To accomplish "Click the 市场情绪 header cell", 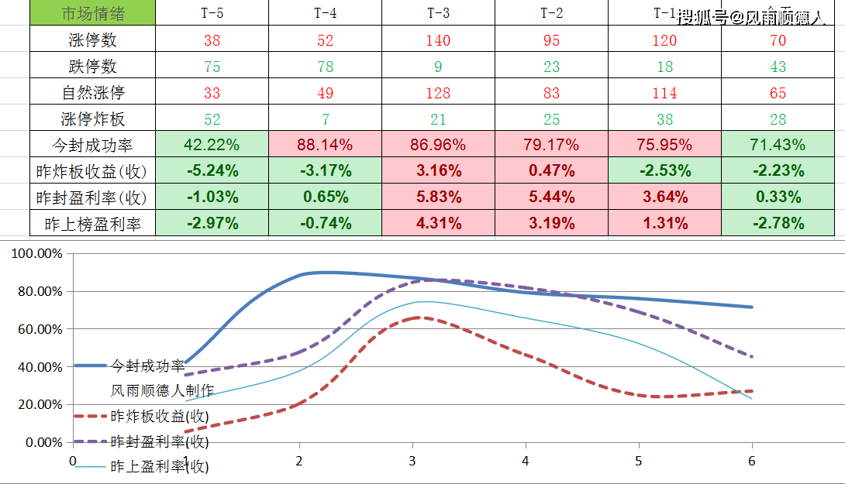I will (92, 14).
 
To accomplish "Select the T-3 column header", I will (438, 14).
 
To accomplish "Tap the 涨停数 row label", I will (92, 40).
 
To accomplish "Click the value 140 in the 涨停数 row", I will (438, 40).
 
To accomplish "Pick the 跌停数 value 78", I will (325, 67).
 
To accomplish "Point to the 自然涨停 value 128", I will (438, 93).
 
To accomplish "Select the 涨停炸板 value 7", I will (325, 119).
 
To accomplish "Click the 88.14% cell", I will (325, 145).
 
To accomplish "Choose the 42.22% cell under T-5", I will (212, 145).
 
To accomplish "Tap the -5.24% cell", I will (212, 171).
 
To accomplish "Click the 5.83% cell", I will (438, 197).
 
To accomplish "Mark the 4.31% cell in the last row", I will (438, 224).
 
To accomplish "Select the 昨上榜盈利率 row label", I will (92, 224).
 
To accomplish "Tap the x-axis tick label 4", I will (526, 461).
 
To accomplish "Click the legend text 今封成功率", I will (147, 366).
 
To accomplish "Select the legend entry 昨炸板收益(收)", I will (159, 416).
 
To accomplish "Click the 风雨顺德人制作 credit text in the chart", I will (162, 390).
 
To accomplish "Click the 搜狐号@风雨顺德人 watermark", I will (750, 18).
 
